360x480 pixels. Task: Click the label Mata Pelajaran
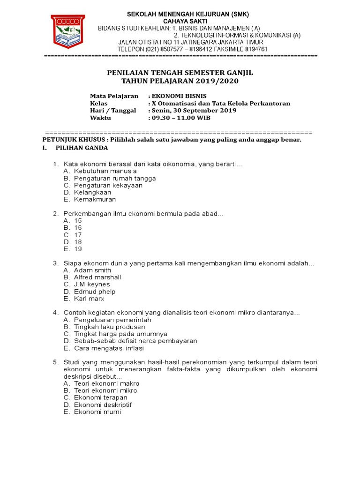coord(114,96)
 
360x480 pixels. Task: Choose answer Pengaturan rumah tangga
coord(115,178)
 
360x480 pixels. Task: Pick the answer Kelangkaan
coord(92,192)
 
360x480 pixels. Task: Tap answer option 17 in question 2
coord(78,235)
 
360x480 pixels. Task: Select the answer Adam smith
coord(92,270)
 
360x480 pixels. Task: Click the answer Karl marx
coord(89,299)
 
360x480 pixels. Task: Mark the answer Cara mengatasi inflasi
coord(109,348)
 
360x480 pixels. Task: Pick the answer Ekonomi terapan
coord(100,397)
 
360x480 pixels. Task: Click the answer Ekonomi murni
coord(97,412)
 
